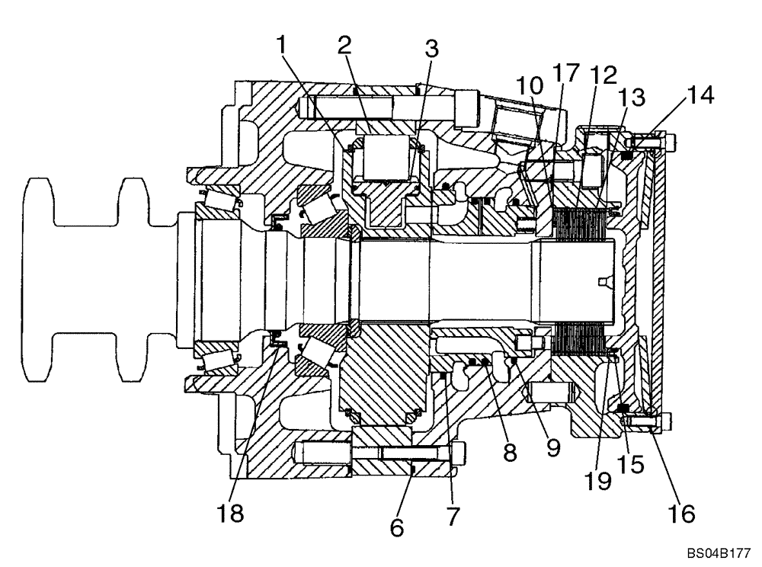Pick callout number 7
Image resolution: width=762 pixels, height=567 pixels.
pos(453,517)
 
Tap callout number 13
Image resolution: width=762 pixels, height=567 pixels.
pos(631,98)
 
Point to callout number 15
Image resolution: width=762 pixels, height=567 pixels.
pos(629,462)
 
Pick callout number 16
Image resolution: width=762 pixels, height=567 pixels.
pos(683,514)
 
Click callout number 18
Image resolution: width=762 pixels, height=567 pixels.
pos(230,512)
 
